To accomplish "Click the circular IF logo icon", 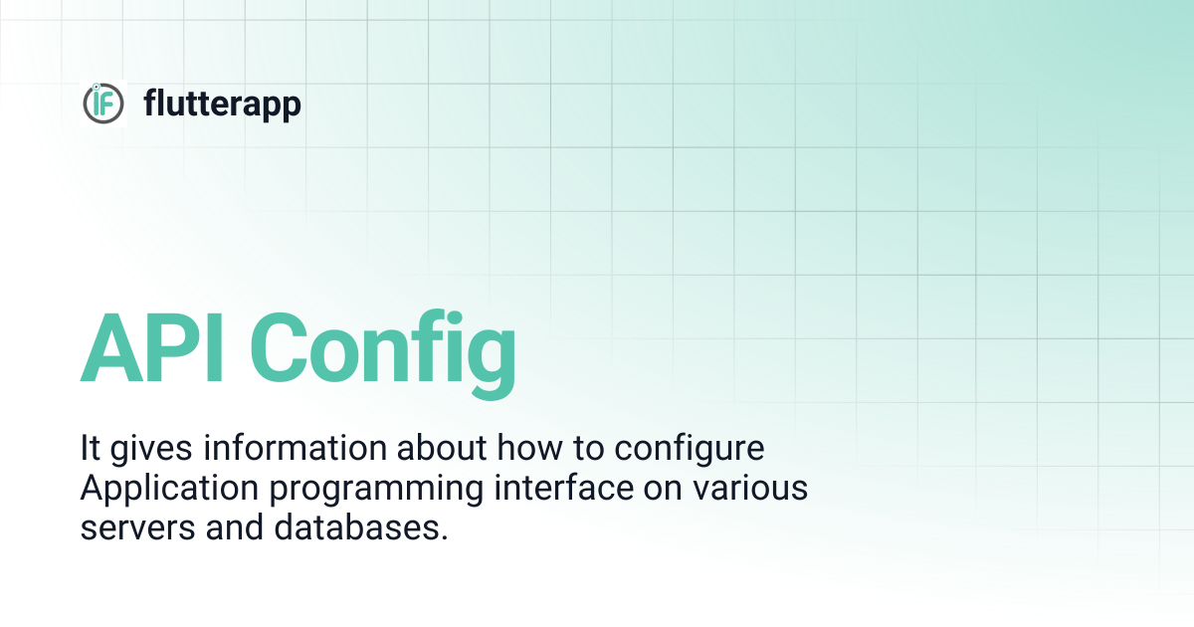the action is (103, 104).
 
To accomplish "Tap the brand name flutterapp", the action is (222, 104).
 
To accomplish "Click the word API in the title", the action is (151, 348).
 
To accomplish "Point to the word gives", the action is (151, 449).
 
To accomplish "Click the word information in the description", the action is (295, 447).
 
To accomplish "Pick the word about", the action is (442, 447).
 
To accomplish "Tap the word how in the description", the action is (529, 447).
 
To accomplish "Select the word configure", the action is (690, 449).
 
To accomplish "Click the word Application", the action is (169, 489).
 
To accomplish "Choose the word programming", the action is (376, 489).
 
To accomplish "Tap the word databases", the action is (357, 526).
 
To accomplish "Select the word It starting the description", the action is (91, 447).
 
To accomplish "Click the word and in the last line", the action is (235, 526).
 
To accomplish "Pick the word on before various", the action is (663, 490).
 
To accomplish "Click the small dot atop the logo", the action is (96, 87).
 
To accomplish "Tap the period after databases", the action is (445, 538).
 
